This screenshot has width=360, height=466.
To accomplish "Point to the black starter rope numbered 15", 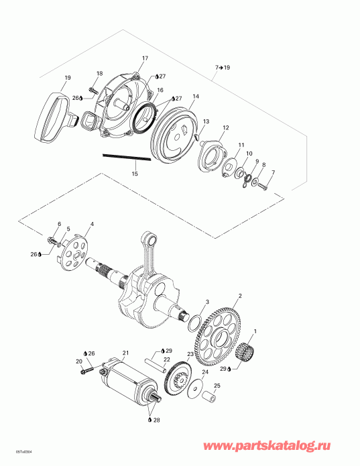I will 125,160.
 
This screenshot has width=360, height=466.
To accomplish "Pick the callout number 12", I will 226,127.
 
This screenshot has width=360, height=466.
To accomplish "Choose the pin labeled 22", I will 162,367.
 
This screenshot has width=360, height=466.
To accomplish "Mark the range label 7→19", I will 223,68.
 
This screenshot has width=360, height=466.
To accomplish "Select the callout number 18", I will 99,73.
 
